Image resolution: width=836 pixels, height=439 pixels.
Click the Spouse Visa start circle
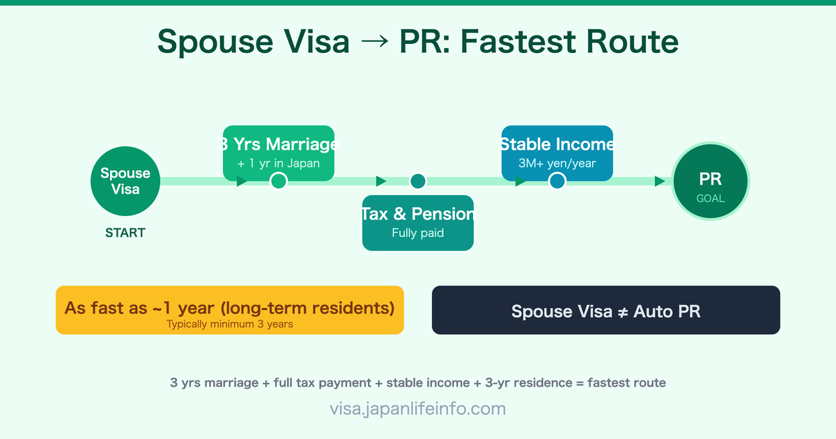(x=125, y=181)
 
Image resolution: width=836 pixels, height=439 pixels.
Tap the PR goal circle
(x=711, y=181)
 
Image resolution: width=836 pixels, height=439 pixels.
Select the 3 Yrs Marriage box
(x=279, y=153)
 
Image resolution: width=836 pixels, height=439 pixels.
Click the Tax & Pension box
(x=418, y=222)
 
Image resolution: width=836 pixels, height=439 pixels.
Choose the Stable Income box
(x=557, y=153)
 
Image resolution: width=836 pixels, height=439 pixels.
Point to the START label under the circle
(x=125, y=233)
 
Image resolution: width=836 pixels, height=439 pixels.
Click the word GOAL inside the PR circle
(x=711, y=198)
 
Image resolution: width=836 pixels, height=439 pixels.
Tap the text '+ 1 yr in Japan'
(x=279, y=164)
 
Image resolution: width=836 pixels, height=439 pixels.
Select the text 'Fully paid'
(x=418, y=233)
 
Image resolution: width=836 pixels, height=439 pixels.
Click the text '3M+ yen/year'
(x=557, y=164)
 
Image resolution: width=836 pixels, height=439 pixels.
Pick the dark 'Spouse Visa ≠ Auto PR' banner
(x=606, y=311)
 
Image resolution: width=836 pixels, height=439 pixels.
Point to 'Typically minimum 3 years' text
(x=230, y=324)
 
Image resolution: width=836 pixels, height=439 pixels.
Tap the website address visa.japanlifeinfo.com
(x=418, y=408)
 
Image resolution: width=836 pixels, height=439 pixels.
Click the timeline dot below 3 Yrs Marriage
(x=279, y=181)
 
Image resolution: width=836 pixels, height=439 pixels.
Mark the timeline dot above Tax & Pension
(x=418, y=181)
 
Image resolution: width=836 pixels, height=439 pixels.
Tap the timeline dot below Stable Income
(x=557, y=181)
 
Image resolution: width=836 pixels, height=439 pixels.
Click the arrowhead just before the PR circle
(x=660, y=181)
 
